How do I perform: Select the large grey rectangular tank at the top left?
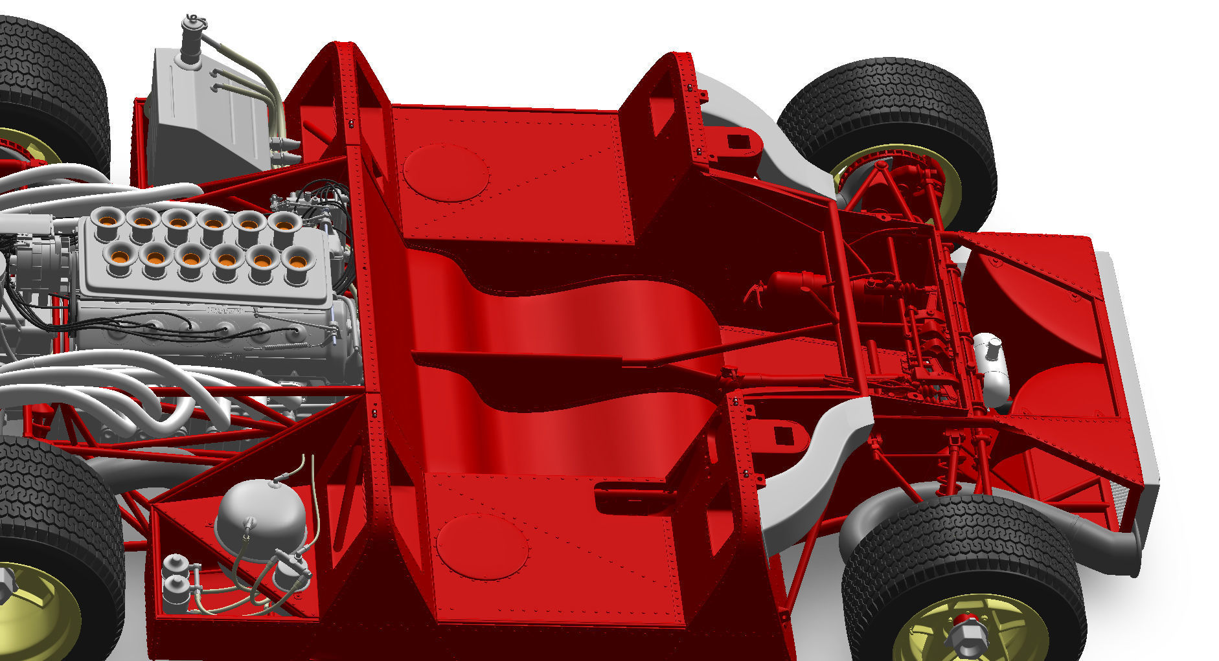click(207, 117)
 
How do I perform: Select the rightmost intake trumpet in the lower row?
click(297, 261)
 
